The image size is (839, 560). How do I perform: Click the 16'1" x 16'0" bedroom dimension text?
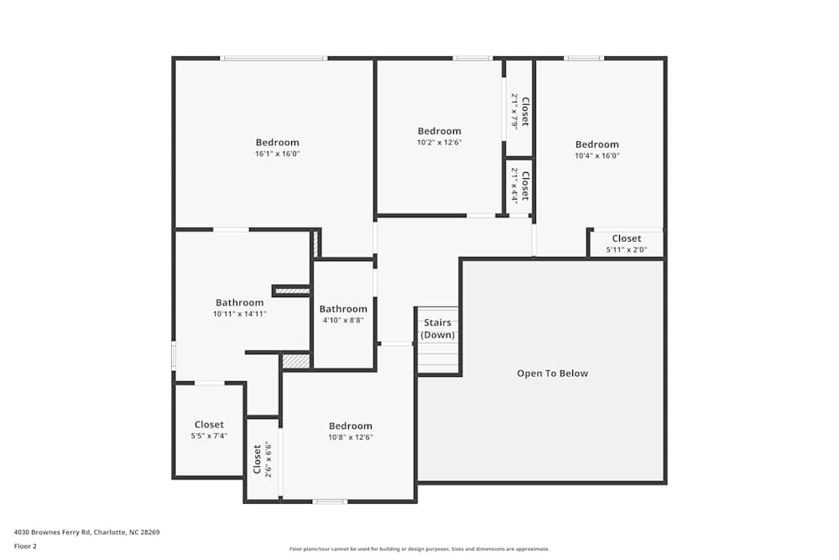tap(278, 154)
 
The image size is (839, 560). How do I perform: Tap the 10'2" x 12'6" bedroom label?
tap(440, 131)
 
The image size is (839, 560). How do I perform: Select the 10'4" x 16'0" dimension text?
tap(597, 155)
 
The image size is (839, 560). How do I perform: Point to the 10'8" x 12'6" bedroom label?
tap(350, 426)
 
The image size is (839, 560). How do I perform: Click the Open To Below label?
tap(552, 374)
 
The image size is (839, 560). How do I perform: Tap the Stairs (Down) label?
tap(437, 328)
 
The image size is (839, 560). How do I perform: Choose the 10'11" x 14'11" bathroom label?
tap(239, 303)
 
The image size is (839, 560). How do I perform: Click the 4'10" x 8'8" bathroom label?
tap(342, 309)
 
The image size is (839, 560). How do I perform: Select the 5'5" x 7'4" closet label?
tap(209, 425)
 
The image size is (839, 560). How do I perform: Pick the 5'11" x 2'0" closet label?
tap(626, 238)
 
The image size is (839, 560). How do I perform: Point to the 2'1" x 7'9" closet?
tap(519, 110)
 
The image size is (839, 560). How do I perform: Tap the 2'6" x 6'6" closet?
tap(263, 459)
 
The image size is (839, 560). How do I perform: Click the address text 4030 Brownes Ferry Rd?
tap(86, 532)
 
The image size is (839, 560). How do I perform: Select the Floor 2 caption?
tap(25, 546)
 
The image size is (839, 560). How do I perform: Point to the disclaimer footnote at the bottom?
tap(419, 549)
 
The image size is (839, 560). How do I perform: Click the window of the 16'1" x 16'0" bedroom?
tap(274, 58)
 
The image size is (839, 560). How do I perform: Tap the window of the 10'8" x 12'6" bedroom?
tap(330, 501)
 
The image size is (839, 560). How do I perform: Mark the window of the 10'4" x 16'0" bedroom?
tap(583, 58)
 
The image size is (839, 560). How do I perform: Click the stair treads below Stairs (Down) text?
tap(438, 357)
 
